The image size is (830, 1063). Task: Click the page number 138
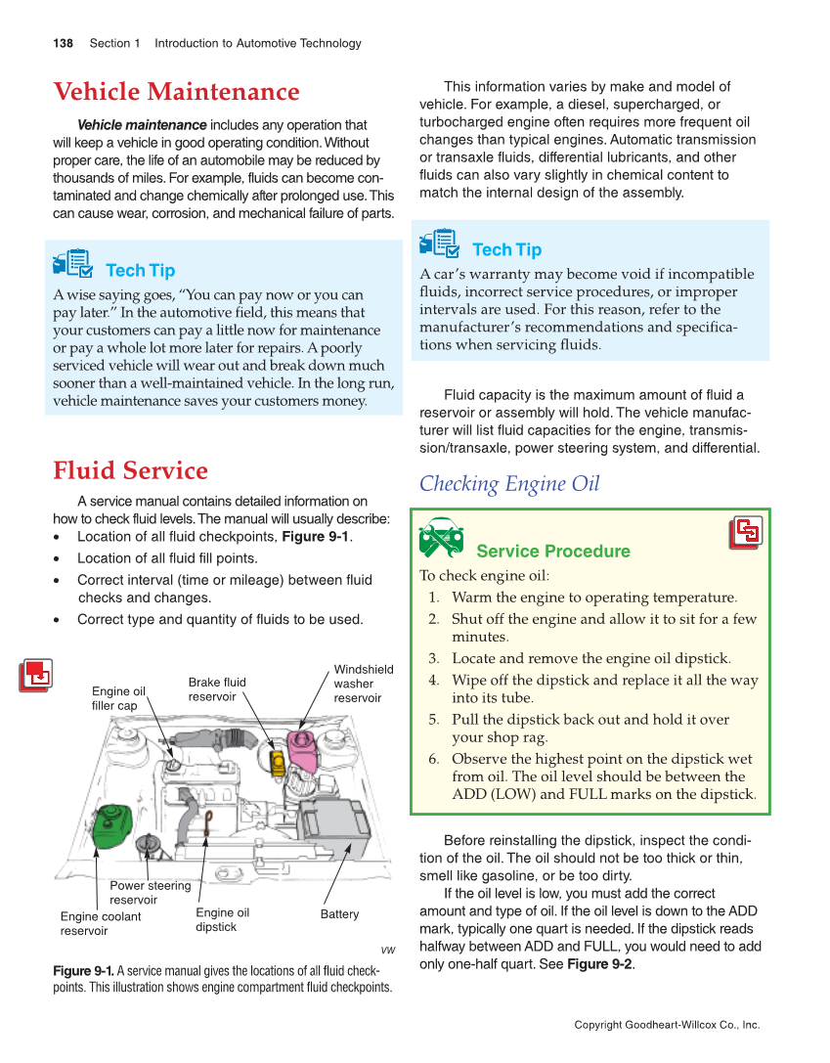63,43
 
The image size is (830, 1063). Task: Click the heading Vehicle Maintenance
176,92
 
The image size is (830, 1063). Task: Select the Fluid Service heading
130,470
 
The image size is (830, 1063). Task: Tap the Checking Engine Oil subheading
508,484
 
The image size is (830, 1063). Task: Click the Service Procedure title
552,552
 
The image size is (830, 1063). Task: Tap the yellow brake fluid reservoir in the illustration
278,759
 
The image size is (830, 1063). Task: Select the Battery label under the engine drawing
339,914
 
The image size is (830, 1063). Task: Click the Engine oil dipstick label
222,920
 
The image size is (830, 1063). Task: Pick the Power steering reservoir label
150,893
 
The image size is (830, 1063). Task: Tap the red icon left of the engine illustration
36,676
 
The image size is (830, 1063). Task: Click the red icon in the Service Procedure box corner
747,533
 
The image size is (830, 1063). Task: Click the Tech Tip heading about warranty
505,249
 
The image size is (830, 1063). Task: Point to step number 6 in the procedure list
433,759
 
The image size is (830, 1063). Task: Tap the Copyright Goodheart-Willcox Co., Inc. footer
666,1025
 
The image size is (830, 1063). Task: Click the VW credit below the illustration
387,950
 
